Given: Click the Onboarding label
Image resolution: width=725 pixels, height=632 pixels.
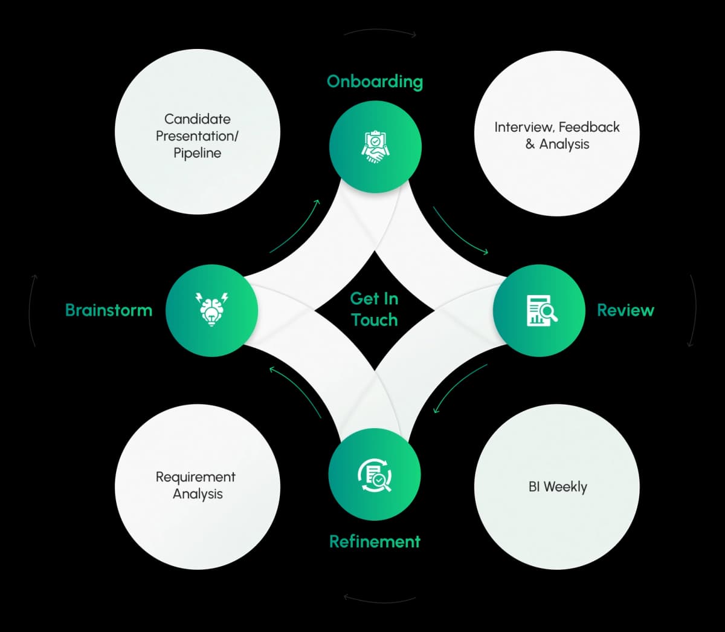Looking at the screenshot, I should (x=375, y=81).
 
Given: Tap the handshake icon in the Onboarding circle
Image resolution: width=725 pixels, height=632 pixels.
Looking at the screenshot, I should (x=375, y=147).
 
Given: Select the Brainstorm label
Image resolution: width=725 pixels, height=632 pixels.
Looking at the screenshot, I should (x=109, y=310).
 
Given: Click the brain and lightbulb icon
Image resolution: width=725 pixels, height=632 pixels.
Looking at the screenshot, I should (x=211, y=310).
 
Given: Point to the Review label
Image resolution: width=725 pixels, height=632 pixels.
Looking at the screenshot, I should (x=625, y=310).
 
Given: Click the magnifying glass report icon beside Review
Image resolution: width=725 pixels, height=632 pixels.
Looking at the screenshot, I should (x=540, y=310).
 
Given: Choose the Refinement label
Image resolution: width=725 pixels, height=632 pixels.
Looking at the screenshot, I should (x=375, y=541).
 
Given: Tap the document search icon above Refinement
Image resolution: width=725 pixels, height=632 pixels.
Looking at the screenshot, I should (x=375, y=475).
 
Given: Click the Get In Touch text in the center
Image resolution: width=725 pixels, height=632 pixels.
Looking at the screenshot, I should (x=375, y=309).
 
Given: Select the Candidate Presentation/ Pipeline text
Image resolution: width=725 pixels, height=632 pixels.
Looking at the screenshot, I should (x=197, y=136).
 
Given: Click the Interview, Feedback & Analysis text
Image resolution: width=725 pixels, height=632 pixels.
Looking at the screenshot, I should (x=557, y=135).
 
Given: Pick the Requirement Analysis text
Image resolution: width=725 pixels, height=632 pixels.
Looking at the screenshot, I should (x=196, y=486).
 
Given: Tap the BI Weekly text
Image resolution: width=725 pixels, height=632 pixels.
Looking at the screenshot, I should (x=558, y=487).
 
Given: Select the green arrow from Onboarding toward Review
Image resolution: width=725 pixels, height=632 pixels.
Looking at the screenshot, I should (x=460, y=232).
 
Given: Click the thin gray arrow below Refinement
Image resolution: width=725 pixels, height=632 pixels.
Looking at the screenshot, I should (x=379, y=599).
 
